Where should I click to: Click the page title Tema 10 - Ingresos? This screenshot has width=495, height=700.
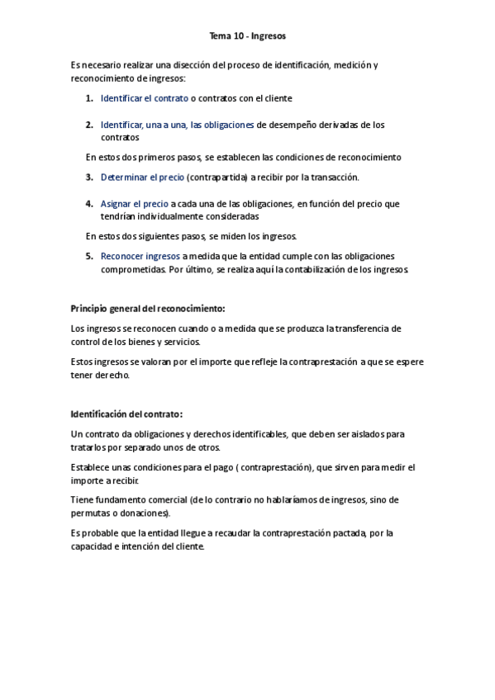247,36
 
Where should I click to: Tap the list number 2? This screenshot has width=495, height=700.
89,125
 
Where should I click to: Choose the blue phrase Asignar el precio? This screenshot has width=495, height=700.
135,203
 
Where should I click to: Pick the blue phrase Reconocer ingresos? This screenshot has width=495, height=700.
140,256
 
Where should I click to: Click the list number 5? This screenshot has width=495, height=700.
89,256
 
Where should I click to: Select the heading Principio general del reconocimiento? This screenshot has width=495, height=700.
148,309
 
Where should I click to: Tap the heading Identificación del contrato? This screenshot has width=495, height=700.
127,414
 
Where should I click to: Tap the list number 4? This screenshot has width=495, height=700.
89,203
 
